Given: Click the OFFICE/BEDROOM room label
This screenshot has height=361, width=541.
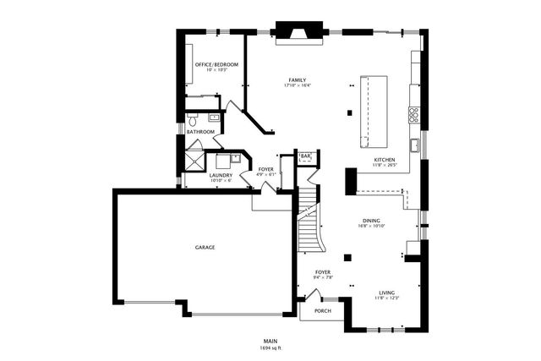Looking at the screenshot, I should [x=216, y=64].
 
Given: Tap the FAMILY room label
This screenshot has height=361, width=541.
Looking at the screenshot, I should [x=297, y=80].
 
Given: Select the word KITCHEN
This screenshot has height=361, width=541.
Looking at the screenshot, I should [x=385, y=160].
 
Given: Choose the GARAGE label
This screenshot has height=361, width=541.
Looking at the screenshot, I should [x=205, y=248].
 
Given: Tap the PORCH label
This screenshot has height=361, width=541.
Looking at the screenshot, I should [x=323, y=311].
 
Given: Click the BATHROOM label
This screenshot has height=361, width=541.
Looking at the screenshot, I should [x=200, y=132].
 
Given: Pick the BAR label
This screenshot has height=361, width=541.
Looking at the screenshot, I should [x=305, y=156].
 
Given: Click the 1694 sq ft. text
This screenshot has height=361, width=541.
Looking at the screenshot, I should [x=271, y=347].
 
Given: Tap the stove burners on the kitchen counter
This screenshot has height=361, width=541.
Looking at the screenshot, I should [x=414, y=114].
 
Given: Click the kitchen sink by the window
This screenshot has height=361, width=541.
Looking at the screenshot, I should [x=416, y=145].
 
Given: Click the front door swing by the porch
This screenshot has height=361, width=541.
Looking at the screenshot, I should [x=313, y=295].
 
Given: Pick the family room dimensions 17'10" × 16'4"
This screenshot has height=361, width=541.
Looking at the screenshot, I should [x=297, y=86].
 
